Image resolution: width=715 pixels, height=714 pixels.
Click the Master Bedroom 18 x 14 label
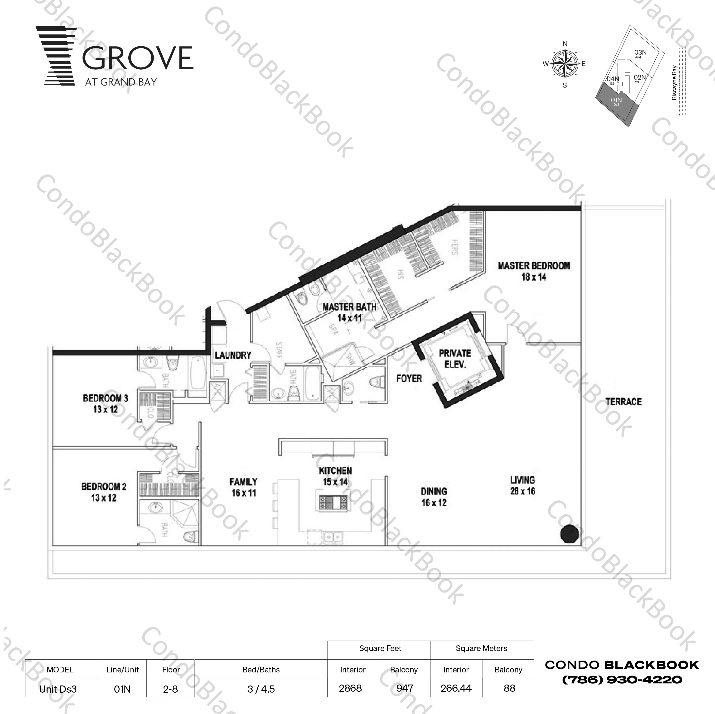(533, 271)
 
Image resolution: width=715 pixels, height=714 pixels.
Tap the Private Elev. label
(455, 359)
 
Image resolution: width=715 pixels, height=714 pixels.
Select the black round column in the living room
(569, 534)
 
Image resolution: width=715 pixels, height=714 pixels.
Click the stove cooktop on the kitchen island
(333, 502)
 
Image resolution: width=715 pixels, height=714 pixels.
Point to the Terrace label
(623, 402)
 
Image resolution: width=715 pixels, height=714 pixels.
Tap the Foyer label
(409, 379)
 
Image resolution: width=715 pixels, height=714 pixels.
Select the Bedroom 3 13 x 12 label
(106, 404)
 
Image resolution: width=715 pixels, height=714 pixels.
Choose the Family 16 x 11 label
(243, 487)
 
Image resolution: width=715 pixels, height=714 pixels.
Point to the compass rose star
(565, 64)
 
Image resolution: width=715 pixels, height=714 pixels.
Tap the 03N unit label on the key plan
(640, 53)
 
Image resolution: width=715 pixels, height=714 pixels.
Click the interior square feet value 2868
(350, 688)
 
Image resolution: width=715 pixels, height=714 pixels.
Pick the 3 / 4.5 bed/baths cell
(261, 689)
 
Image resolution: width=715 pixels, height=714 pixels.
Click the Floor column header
(171, 670)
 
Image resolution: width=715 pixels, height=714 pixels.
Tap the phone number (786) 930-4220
(622, 680)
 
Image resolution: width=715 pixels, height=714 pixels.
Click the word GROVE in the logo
(137, 58)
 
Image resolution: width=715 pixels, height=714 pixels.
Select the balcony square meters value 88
(509, 688)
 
